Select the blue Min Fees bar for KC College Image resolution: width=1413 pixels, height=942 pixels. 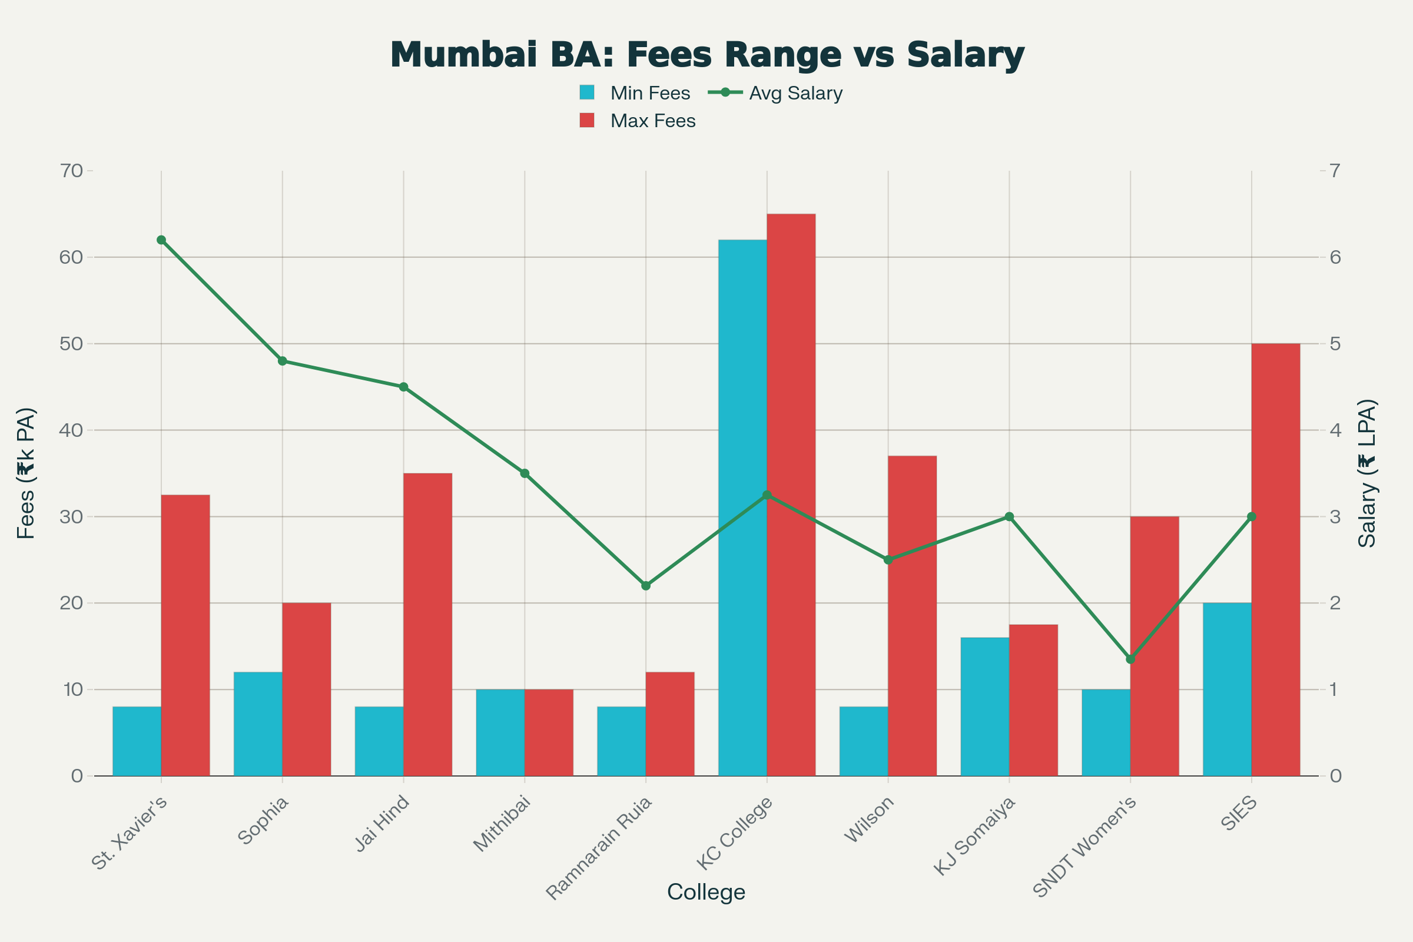pos(742,508)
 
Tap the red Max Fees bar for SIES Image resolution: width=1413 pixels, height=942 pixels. pos(1275,559)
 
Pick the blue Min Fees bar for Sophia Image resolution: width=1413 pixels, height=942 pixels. pos(258,724)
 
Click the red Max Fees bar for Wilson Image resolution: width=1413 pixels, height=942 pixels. pos(912,616)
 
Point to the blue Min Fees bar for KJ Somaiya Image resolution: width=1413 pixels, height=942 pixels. pos(984,706)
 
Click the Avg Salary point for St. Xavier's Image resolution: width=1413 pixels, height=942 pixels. pos(161,240)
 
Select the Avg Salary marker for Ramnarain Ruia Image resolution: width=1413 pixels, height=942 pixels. pos(646,586)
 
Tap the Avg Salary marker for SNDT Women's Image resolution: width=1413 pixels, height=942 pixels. pos(1130,659)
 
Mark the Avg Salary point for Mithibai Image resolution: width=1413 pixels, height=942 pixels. pos(525,473)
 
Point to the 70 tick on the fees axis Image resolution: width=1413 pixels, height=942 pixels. pos(71,171)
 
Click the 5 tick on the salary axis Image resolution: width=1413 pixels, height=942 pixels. pos(1335,344)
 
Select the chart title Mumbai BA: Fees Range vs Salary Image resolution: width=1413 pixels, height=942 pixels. pos(706,55)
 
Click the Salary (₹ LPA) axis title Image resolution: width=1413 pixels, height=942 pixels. pos(1367,473)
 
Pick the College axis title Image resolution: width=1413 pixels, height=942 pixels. pos(706,892)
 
